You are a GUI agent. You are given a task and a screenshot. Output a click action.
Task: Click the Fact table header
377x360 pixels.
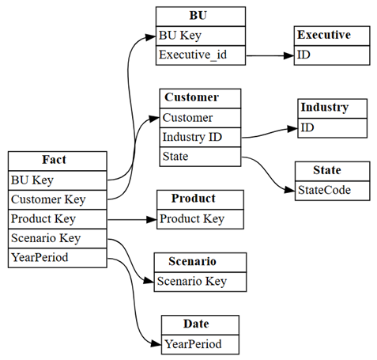coord(58,161)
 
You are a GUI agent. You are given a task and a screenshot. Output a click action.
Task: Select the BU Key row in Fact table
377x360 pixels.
coord(58,180)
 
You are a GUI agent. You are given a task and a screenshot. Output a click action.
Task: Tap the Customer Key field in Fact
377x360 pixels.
coord(58,199)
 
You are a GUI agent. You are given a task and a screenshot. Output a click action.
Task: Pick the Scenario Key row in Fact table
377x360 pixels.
coord(58,238)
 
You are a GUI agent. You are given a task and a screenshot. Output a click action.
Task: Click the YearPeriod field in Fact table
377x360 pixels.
coord(58,258)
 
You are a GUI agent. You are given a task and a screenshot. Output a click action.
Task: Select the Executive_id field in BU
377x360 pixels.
coord(201,55)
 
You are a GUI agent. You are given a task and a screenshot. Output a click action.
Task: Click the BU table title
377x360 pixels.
coord(201,17)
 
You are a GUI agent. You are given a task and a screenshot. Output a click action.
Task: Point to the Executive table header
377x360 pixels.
coord(332,36)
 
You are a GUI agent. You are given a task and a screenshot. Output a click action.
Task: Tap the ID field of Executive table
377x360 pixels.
coord(332,55)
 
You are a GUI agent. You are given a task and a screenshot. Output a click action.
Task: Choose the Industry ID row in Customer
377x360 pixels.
coord(200,137)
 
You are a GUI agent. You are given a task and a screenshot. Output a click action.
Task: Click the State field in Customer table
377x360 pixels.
coord(200,157)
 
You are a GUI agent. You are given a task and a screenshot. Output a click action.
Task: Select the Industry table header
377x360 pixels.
coord(333,108)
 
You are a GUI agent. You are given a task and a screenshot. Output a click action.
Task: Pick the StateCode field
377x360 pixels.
coord(333,191)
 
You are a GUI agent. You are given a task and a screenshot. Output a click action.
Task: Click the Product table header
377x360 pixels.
coord(200,199)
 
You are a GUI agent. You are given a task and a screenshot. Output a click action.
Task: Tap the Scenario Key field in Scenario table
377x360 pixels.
coord(200,282)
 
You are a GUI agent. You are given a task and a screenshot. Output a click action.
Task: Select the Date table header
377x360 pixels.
coord(200,325)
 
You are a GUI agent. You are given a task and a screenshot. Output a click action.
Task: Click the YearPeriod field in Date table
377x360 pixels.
coord(200,344)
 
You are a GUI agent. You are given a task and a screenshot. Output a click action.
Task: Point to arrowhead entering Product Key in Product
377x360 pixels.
coord(152,219)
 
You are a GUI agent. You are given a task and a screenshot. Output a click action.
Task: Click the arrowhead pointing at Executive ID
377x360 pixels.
coord(288,55)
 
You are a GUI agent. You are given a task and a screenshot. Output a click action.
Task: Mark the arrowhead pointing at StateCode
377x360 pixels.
coord(290,190)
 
